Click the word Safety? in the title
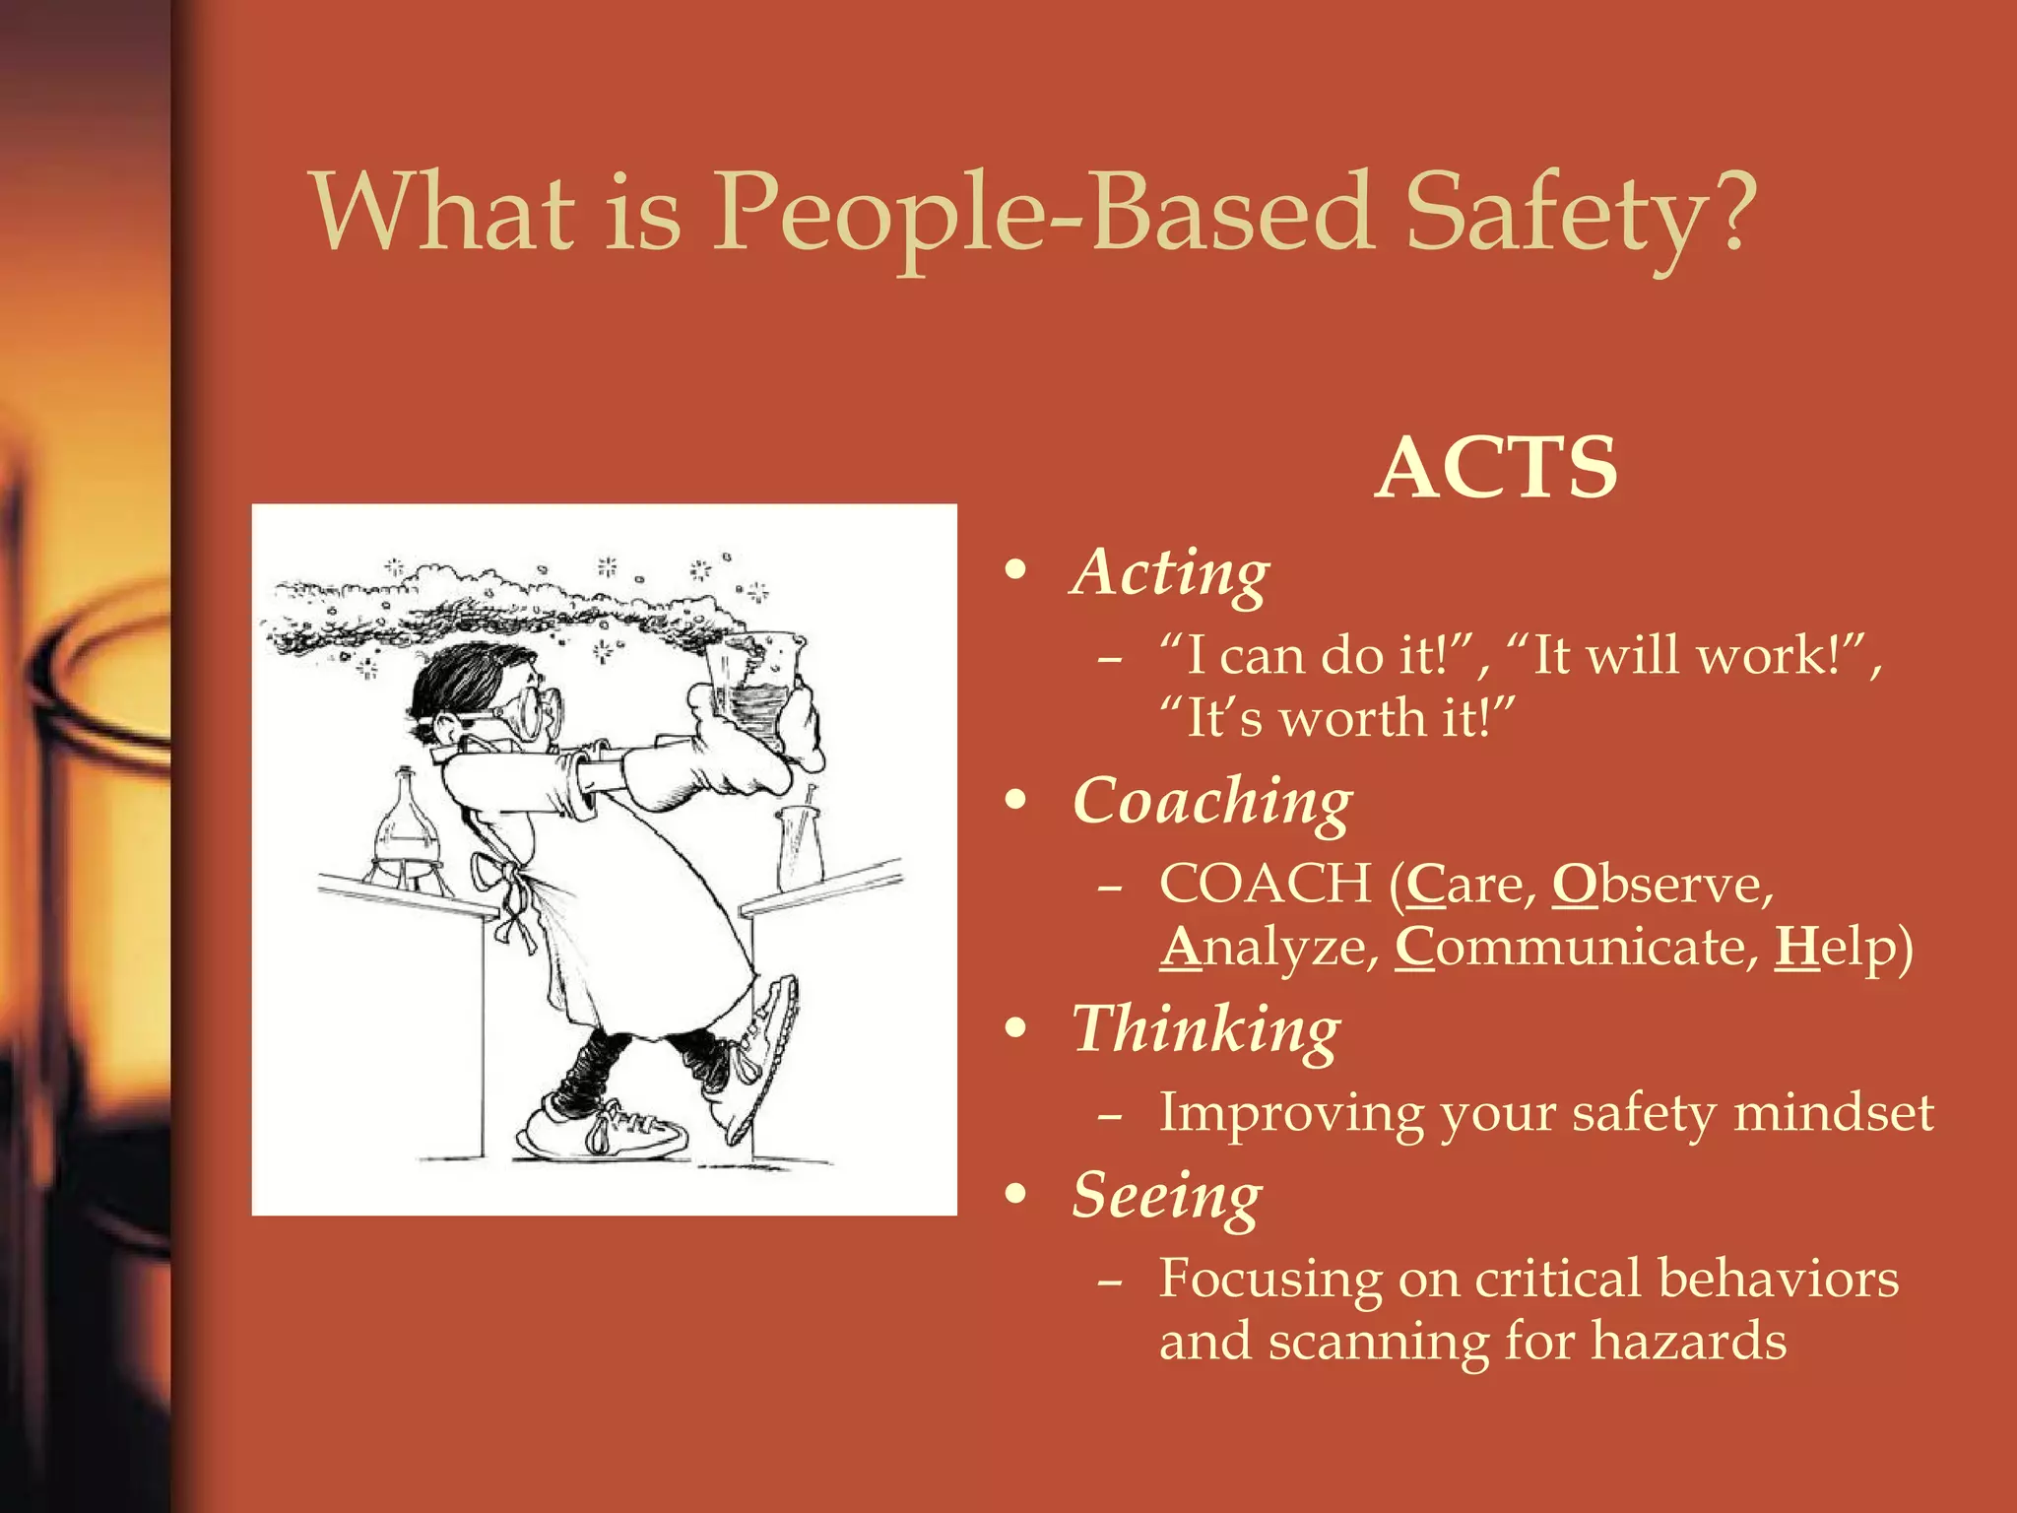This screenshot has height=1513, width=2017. tap(1580, 213)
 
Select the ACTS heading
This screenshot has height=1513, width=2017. tap(1496, 467)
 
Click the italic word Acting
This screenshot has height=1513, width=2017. tap(1170, 573)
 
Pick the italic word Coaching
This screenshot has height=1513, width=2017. tap(1212, 802)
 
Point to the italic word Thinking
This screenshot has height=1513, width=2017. tap(1205, 1030)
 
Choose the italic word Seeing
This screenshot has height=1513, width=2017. tap(1166, 1196)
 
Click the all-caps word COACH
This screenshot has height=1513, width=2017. tap(1266, 884)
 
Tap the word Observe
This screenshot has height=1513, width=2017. tap(1661, 884)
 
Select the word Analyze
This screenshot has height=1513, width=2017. tap(1269, 947)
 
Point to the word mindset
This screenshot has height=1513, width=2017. tap(1833, 1113)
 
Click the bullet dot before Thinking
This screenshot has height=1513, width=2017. tap(1015, 1029)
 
